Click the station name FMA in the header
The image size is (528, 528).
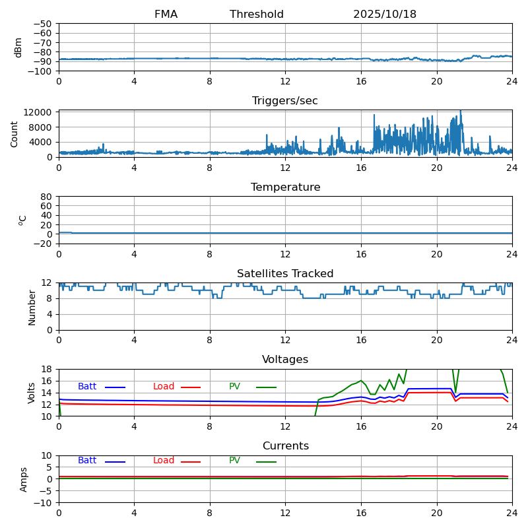(166, 15)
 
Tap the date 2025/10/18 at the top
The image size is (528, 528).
(385, 15)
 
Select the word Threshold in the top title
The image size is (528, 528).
(257, 15)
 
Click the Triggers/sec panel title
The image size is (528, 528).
(285, 101)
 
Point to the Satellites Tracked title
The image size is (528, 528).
(285, 274)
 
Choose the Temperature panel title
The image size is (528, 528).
(285, 187)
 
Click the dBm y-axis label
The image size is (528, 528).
(18, 48)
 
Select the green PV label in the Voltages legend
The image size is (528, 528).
(235, 387)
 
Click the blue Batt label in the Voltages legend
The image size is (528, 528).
(87, 387)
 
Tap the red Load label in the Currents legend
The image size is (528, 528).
(164, 461)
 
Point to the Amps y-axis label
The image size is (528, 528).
(24, 479)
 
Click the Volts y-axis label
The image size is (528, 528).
(32, 393)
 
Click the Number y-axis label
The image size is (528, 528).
(32, 307)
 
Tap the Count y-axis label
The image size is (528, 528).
(15, 133)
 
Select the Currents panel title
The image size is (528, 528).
(285, 446)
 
